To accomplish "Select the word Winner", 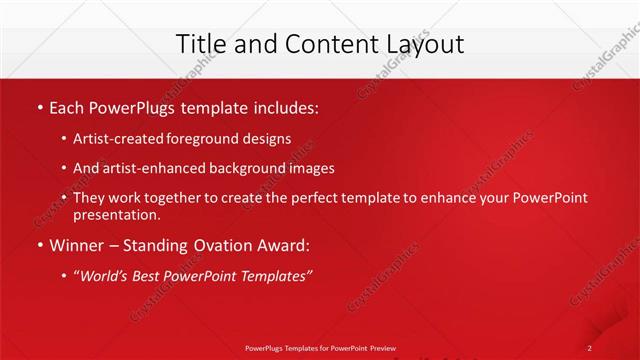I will click(x=79, y=245).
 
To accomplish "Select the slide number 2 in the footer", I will click(x=591, y=347).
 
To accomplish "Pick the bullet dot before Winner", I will click(x=38, y=245).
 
